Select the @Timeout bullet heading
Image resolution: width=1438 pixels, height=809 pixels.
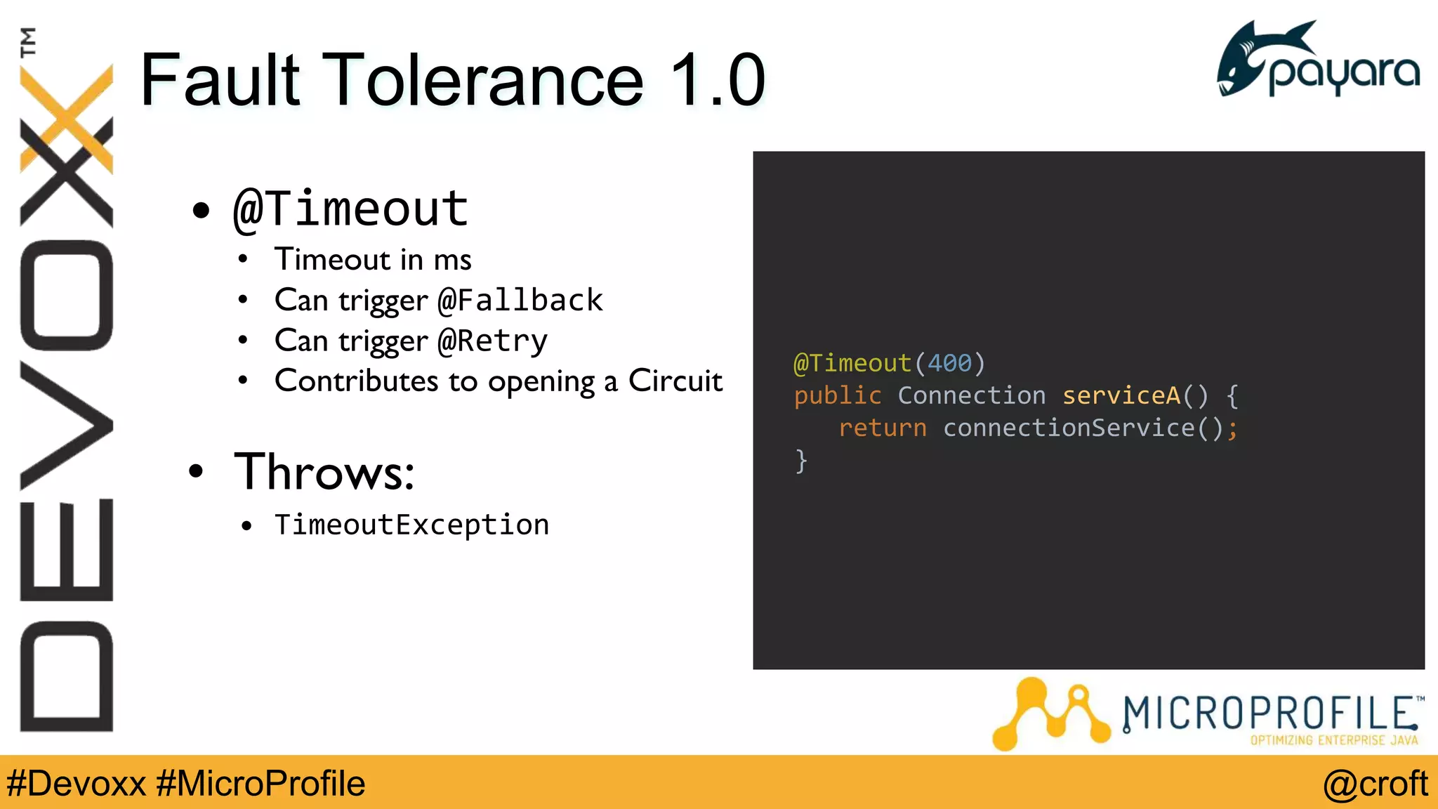click(x=350, y=209)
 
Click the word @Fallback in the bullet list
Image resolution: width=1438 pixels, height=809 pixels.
click(x=520, y=301)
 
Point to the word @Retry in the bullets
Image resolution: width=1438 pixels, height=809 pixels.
click(x=492, y=341)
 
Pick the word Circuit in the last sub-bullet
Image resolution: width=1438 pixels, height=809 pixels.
click(x=675, y=381)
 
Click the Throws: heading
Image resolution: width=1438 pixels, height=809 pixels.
click(x=324, y=471)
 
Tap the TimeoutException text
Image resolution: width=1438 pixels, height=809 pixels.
click(x=411, y=525)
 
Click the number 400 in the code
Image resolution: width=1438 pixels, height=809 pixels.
click(x=949, y=363)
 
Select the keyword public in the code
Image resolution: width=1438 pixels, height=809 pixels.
click(x=837, y=395)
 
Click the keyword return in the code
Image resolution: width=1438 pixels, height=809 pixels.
click(x=883, y=428)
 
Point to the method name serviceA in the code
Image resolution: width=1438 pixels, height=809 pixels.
click(x=1121, y=395)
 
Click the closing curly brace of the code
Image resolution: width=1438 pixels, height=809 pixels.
click(x=801, y=461)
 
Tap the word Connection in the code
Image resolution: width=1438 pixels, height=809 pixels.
click(x=972, y=395)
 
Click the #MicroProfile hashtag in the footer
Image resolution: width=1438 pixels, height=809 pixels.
click(x=260, y=784)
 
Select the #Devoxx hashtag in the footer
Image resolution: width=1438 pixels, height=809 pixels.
click(x=76, y=784)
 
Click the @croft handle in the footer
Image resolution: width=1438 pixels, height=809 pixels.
click(x=1375, y=784)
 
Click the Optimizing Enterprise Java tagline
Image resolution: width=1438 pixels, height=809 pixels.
click(x=1333, y=740)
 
